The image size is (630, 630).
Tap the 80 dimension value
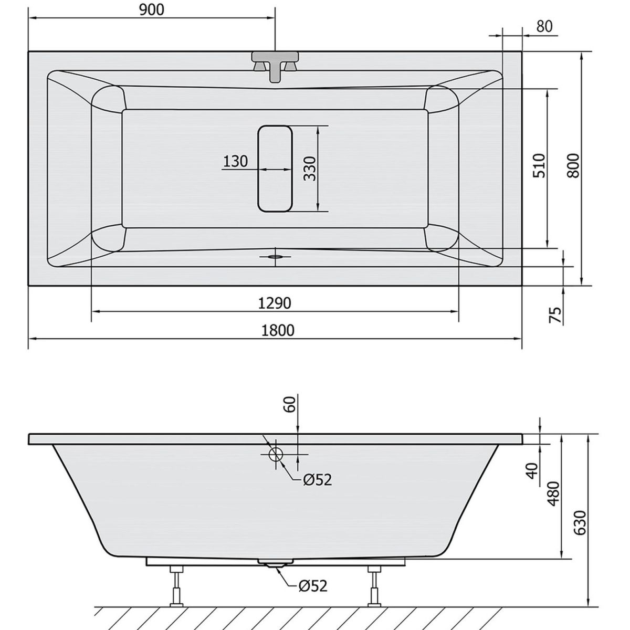coord(544,26)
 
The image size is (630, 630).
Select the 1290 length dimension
coord(274,303)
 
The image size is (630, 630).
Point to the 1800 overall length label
coord(278,331)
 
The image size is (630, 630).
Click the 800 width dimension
coord(573,166)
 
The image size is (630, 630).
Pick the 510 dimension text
coord(539,166)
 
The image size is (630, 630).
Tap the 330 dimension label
coord(310,169)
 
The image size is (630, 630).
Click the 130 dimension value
coord(235,162)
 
